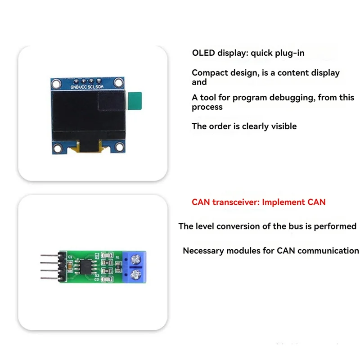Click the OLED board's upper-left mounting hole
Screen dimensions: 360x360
56,83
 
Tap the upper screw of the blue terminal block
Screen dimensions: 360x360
136,260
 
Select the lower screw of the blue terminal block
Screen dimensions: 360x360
136,274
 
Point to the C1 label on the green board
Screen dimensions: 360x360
70,257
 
